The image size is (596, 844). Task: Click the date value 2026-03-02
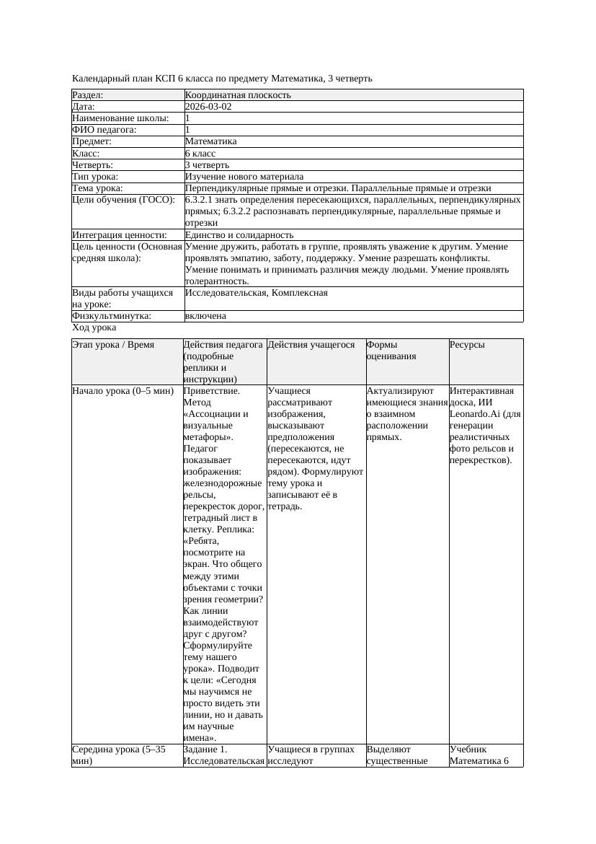point(208,106)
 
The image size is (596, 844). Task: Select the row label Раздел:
point(88,94)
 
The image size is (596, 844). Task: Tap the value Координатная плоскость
point(238,94)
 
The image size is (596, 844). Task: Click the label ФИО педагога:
point(104,130)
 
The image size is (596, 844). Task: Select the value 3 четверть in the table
point(210,164)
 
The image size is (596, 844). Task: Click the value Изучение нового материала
point(244,176)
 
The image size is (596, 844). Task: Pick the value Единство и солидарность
point(239,234)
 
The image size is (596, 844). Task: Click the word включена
point(205,316)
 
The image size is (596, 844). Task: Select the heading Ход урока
point(94,328)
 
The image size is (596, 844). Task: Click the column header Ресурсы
point(467,345)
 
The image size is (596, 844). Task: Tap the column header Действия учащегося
point(311,345)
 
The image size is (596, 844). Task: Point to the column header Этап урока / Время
point(113,345)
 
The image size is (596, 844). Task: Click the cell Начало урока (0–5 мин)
point(123,391)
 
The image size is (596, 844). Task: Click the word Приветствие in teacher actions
point(212,391)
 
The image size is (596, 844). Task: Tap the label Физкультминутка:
point(112,316)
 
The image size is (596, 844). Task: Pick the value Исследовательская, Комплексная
point(256,293)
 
